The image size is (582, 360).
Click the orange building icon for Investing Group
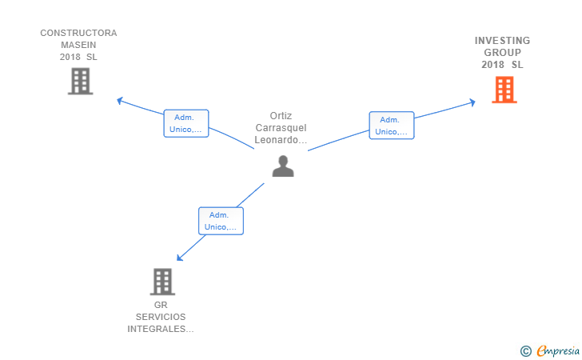click(504, 90)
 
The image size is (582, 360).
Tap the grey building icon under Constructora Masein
click(80, 81)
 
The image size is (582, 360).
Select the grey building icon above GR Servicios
click(162, 282)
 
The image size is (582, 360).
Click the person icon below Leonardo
click(283, 166)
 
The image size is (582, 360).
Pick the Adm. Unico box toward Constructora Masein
click(186, 123)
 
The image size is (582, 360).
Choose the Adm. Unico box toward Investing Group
click(392, 126)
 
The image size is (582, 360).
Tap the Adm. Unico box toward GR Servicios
click(221, 221)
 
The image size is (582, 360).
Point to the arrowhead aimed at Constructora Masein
click(120, 100)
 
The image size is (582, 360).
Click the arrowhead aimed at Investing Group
click(472, 102)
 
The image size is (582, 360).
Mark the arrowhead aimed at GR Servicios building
click(179, 258)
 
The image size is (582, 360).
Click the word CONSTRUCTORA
click(78, 33)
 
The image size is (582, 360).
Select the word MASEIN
click(78, 45)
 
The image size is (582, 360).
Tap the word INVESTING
click(503, 41)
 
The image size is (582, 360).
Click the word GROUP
click(503, 52)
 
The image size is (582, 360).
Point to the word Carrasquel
click(281, 128)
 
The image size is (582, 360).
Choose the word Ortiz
click(281, 116)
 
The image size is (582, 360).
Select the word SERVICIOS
click(161, 317)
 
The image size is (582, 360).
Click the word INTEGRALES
click(157, 329)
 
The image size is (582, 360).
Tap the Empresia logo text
click(558, 351)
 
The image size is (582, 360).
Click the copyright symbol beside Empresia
click(526, 351)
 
